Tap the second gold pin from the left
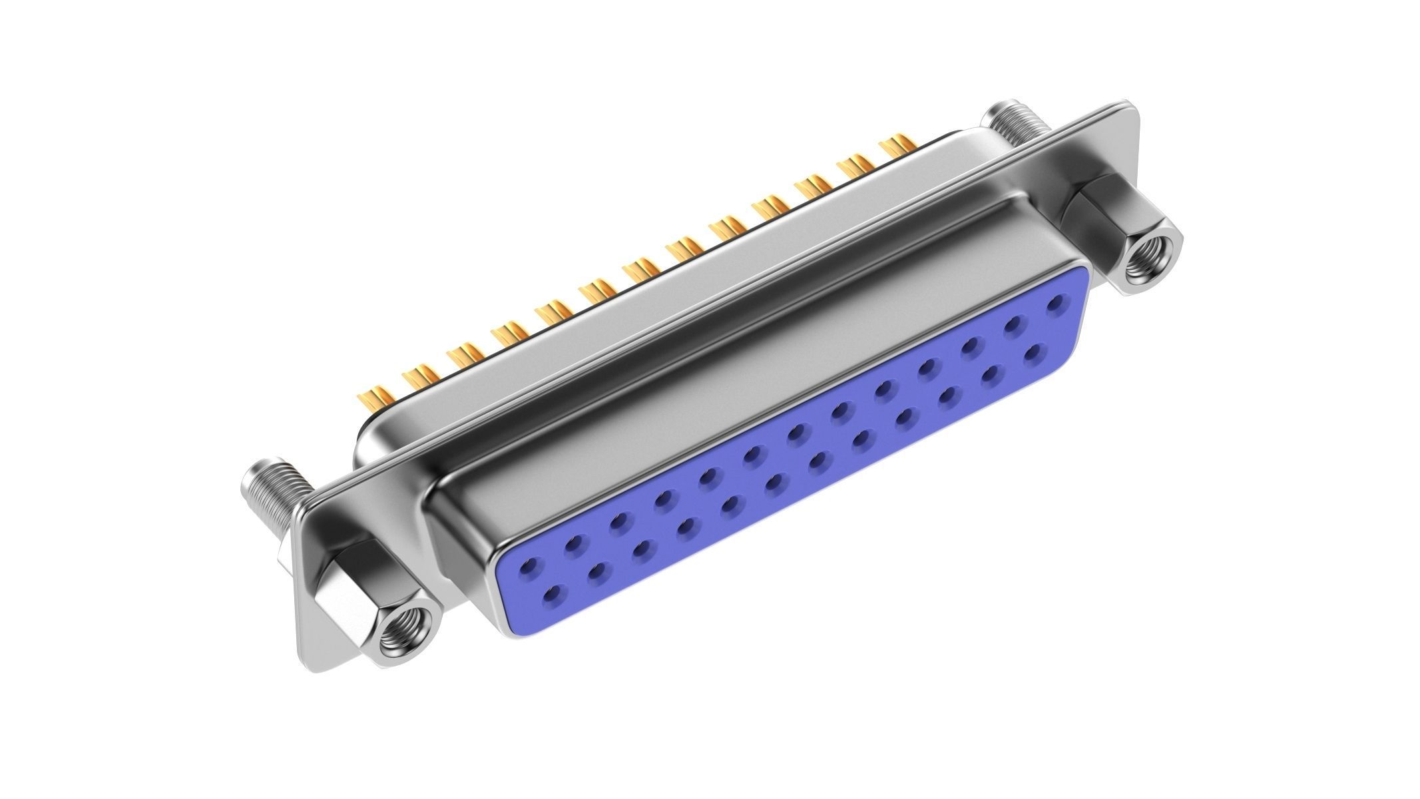click(x=419, y=376)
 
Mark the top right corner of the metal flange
click(x=1132, y=109)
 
